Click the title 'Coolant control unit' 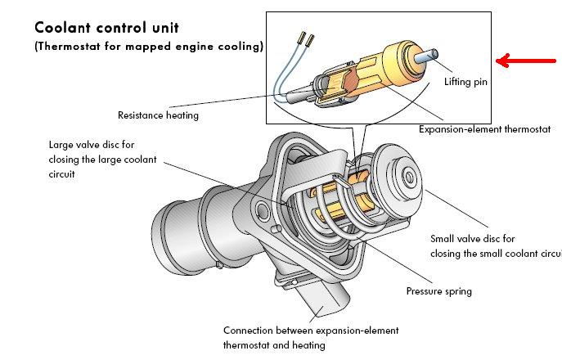[x=107, y=27]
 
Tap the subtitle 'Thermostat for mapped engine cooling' [x=149, y=47]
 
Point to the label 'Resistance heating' [x=158, y=115]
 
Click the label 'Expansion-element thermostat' [x=484, y=129]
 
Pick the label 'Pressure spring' [x=438, y=290]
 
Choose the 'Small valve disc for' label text [x=472, y=239]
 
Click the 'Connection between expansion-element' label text [x=311, y=331]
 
